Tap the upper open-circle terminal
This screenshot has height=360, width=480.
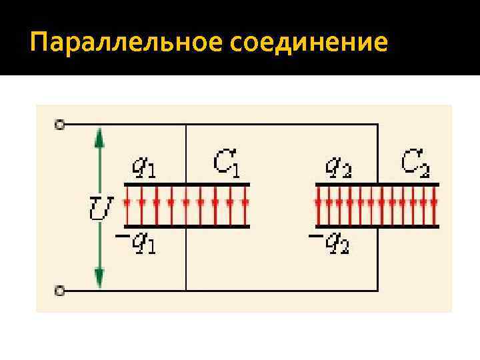click(x=60, y=124)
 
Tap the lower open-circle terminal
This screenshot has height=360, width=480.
click(x=60, y=291)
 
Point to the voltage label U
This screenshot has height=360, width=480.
click(x=100, y=208)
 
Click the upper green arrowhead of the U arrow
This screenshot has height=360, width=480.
click(x=99, y=137)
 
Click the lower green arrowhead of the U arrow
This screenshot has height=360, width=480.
click(x=99, y=275)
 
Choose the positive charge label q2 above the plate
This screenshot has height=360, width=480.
click(x=338, y=167)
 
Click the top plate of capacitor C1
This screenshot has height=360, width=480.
click(x=186, y=184)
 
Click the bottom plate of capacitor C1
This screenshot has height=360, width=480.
click(x=186, y=227)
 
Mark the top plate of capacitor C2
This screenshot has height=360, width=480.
click(x=377, y=184)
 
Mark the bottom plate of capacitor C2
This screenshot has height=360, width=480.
click(x=377, y=227)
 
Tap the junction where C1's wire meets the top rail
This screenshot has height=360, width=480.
click(x=186, y=125)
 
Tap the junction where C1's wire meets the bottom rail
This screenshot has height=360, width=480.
click(x=186, y=291)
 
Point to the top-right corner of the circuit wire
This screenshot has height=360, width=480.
click(x=378, y=125)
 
